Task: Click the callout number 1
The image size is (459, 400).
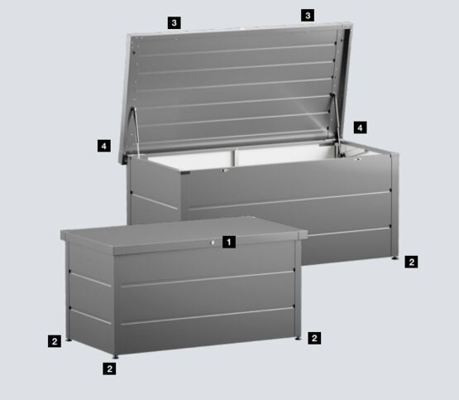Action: click(x=229, y=242)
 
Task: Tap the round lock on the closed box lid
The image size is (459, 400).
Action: click(x=213, y=243)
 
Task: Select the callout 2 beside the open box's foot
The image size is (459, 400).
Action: click(x=411, y=262)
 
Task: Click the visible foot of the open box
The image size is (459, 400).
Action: click(x=394, y=258)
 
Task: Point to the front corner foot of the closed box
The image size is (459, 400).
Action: click(x=115, y=356)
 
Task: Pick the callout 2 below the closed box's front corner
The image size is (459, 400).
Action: click(x=109, y=369)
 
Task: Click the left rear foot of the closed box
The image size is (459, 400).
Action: click(x=69, y=340)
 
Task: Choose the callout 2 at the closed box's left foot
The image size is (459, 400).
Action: click(x=55, y=341)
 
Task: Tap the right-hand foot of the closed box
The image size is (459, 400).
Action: click(x=298, y=338)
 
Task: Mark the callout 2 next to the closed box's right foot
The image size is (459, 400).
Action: click(x=314, y=338)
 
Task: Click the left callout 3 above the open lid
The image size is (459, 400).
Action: click(x=175, y=22)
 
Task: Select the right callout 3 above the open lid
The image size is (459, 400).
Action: click(x=308, y=15)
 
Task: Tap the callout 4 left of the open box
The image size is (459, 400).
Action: click(x=104, y=146)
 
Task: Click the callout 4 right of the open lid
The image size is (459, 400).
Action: click(x=360, y=128)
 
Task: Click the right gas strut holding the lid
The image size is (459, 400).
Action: click(x=337, y=123)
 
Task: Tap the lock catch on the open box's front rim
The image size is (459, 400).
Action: click(x=224, y=170)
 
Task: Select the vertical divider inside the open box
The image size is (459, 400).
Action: click(x=236, y=157)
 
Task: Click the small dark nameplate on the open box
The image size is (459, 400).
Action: click(x=185, y=173)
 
